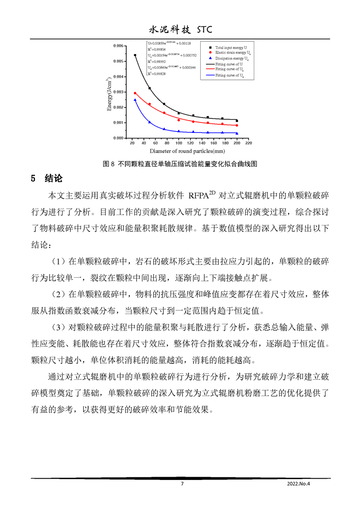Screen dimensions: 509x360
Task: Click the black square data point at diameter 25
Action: click(x=135, y=55)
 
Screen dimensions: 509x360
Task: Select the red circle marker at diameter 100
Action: click(x=179, y=120)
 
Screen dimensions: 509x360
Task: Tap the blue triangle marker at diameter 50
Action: click(x=150, y=122)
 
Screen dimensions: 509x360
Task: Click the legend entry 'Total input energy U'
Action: click(x=232, y=47)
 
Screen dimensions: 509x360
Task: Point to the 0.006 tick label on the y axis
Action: click(x=117, y=46)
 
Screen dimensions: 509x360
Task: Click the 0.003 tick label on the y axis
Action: click(x=117, y=92)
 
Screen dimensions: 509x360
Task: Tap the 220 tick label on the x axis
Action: click(x=248, y=143)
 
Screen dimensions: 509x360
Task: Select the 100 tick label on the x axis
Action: click(x=179, y=143)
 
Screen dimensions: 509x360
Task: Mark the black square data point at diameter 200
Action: click(x=237, y=121)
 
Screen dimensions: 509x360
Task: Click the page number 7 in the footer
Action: click(x=182, y=484)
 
